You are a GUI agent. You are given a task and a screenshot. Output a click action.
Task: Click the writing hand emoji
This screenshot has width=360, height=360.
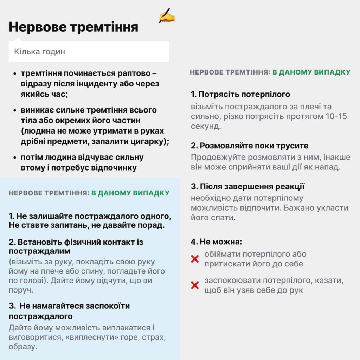click(x=167, y=16)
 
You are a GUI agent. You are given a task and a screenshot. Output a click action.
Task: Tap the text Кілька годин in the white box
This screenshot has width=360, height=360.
click(x=39, y=52)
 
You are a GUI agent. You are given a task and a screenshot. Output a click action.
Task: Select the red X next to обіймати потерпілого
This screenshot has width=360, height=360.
click(x=195, y=259)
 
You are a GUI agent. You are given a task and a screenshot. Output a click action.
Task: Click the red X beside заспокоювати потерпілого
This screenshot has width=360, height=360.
click(x=195, y=285)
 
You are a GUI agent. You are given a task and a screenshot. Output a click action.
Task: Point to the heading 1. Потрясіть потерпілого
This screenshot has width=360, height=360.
click(x=240, y=94)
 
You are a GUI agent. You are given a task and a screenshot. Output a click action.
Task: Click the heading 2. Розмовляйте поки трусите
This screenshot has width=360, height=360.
click(x=250, y=146)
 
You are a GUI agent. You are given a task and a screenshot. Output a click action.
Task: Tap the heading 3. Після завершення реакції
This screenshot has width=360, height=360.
click(x=247, y=186)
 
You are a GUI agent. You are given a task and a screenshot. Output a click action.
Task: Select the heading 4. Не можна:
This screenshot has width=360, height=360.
click(x=216, y=242)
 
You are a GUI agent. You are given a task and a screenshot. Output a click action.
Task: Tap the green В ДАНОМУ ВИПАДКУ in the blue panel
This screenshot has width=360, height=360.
click(x=130, y=193)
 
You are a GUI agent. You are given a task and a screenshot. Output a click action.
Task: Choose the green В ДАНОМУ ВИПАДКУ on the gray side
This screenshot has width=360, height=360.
click(x=311, y=72)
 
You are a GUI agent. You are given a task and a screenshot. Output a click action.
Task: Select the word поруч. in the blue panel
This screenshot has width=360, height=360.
click(x=21, y=290)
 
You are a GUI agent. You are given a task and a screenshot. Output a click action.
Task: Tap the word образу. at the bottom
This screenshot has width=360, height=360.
click(x=23, y=347)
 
